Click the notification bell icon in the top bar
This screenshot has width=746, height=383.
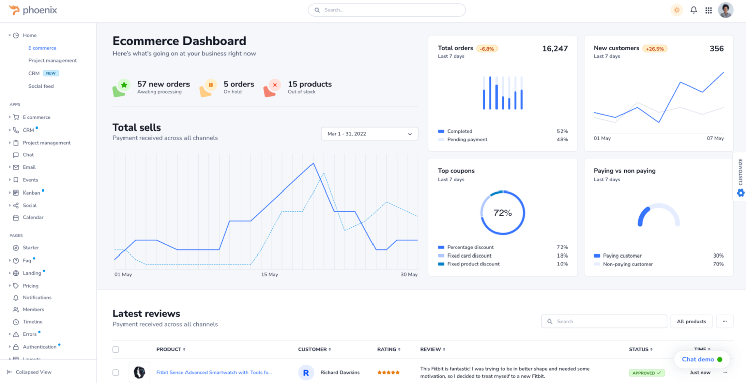[x=694, y=10]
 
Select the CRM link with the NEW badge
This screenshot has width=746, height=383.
[x=34, y=73]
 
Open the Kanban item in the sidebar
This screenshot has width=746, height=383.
[x=31, y=193]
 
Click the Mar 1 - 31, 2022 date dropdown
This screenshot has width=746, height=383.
[x=369, y=134]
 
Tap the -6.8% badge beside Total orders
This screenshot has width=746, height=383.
[x=487, y=49]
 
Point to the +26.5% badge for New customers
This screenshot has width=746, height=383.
[x=655, y=49]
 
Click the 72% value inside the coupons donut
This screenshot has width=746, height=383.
[x=503, y=213]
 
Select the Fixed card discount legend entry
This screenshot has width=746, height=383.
[x=469, y=256]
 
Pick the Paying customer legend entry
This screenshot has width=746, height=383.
[x=622, y=256]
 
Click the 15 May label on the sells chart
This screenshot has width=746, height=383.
[x=269, y=275]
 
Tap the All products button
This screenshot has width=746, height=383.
[x=691, y=321]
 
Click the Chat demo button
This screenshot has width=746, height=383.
[x=702, y=359]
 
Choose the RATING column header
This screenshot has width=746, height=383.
[x=388, y=349]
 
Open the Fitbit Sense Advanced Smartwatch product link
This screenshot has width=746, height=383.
[x=214, y=372]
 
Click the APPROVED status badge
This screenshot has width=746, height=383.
[x=647, y=373]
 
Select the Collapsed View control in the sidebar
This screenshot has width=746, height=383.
[x=33, y=372]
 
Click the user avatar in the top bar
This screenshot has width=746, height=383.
[x=726, y=10]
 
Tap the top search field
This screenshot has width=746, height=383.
[x=387, y=10]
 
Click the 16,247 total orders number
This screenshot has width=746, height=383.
[x=554, y=49]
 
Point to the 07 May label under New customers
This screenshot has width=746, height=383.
[x=715, y=138]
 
